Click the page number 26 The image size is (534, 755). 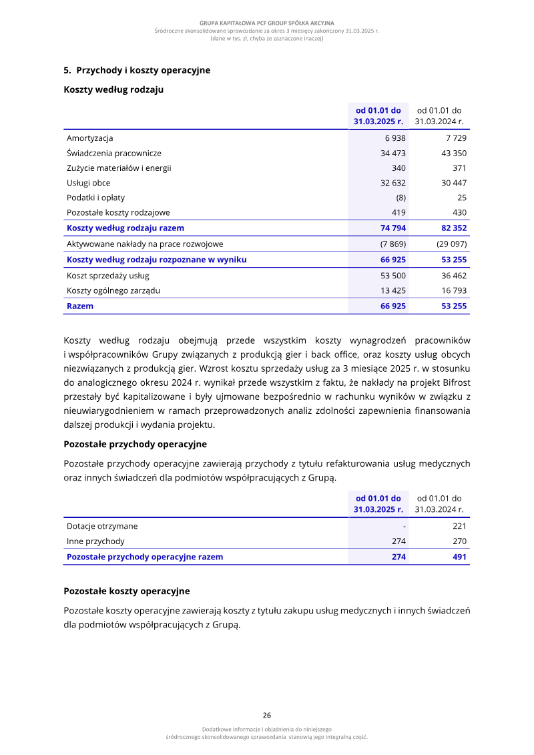[267, 714]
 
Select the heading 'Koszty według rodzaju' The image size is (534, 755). [113, 89]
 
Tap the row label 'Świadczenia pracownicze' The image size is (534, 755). [114, 153]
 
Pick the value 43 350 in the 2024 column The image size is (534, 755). [454, 153]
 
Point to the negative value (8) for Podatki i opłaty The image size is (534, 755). [400, 198]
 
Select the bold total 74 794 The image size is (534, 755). [393, 228]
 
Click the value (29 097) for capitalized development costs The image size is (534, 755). [452, 244]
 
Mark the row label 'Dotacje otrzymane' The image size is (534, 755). [102, 526]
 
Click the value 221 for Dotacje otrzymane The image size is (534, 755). [459, 526]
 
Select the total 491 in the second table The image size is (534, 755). [459, 557]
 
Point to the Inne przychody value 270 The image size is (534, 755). [459, 541]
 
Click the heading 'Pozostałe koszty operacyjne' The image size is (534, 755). [127, 591]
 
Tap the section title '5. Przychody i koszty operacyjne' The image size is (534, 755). [137, 70]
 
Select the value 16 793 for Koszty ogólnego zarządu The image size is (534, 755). [454, 290]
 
